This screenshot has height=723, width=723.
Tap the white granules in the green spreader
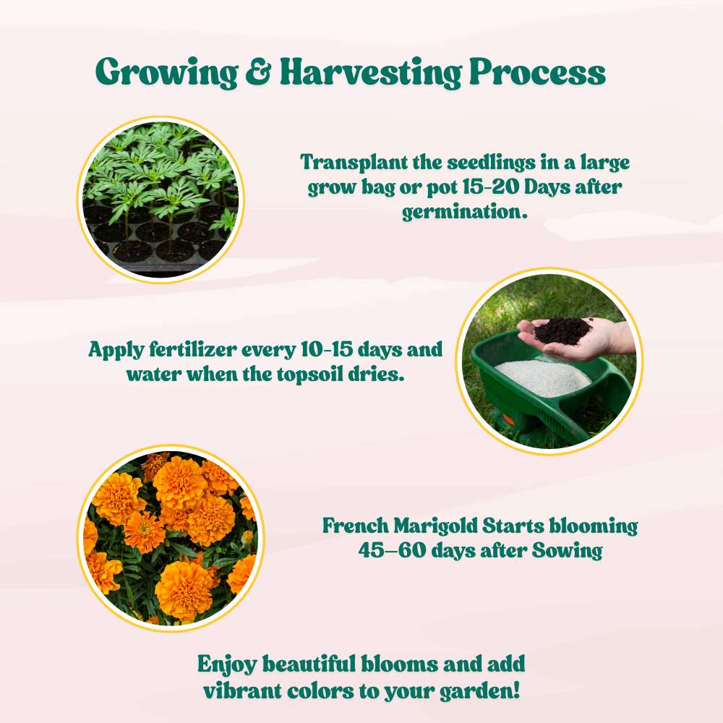542,376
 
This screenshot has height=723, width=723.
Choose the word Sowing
567,551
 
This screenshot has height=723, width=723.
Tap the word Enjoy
226,664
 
